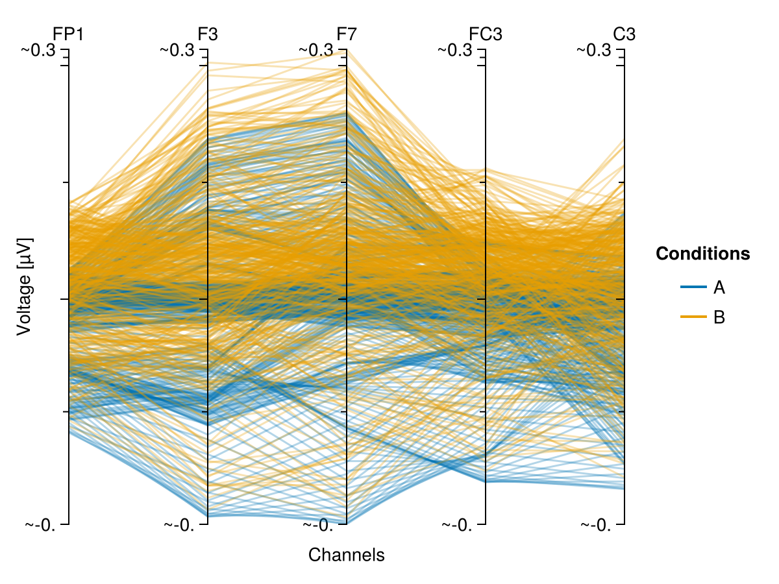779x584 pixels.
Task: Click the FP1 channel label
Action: point(68,34)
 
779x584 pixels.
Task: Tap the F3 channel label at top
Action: point(208,34)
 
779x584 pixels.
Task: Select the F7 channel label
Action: point(347,34)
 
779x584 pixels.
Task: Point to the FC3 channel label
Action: point(486,34)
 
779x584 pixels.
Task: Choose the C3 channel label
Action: point(624,34)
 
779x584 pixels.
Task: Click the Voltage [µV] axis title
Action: point(24,286)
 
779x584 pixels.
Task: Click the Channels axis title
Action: point(347,555)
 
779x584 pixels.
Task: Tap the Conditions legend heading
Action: point(703,254)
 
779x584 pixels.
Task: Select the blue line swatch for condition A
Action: point(693,286)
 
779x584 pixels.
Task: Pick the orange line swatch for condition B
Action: point(693,317)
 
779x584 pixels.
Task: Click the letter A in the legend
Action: point(719,287)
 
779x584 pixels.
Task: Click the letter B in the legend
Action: point(719,317)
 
